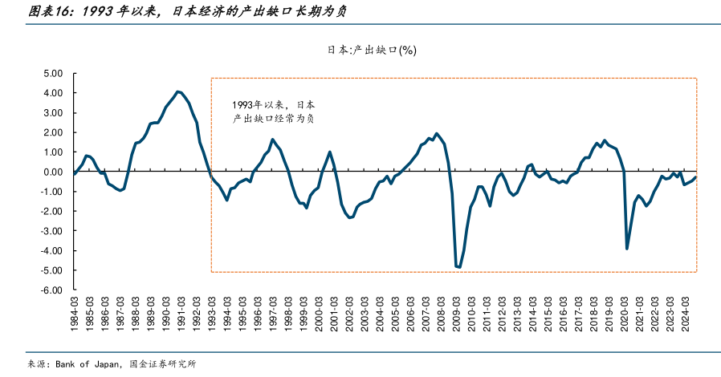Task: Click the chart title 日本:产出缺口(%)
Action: pyautogui.click(x=371, y=50)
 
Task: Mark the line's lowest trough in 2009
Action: pyautogui.click(x=459, y=267)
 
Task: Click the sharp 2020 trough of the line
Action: pyautogui.click(x=626, y=249)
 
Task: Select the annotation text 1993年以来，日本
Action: pyautogui.click(x=273, y=105)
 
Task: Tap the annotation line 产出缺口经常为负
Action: pyautogui.click(x=273, y=119)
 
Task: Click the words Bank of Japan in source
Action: pyautogui.click(x=87, y=363)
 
